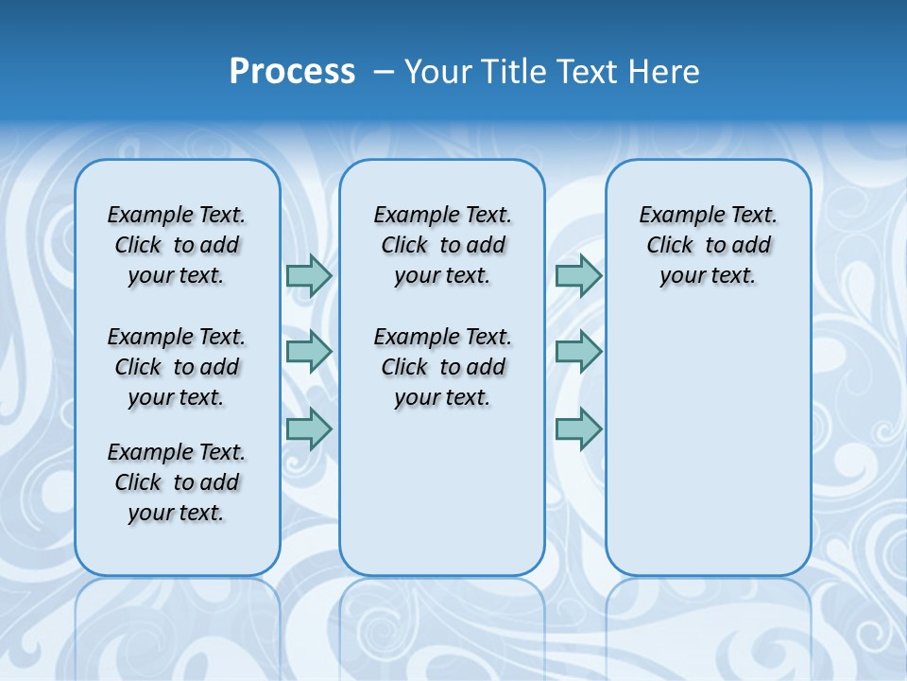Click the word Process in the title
pyautogui.click(x=292, y=72)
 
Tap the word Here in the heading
pyautogui.click(x=664, y=72)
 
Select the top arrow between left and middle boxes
pyautogui.click(x=309, y=275)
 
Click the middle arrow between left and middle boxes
pyautogui.click(x=309, y=352)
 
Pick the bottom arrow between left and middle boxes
pyautogui.click(x=309, y=428)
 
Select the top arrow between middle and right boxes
pyautogui.click(x=578, y=275)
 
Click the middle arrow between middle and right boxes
pyautogui.click(x=578, y=352)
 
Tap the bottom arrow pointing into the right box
pyautogui.click(x=578, y=428)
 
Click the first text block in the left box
pyautogui.click(x=177, y=245)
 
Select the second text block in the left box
pyautogui.click(x=177, y=367)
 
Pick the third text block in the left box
pyautogui.click(x=177, y=482)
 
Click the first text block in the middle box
pyautogui.click(x=442, y=245)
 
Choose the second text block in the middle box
pyautogui.click(x=442, y=367)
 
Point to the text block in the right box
pyautogui.click(x=708, y=245)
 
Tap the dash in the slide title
pyautogui.click(x=384, y=72)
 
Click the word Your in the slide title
pyautogui.click(x=438, y=72)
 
